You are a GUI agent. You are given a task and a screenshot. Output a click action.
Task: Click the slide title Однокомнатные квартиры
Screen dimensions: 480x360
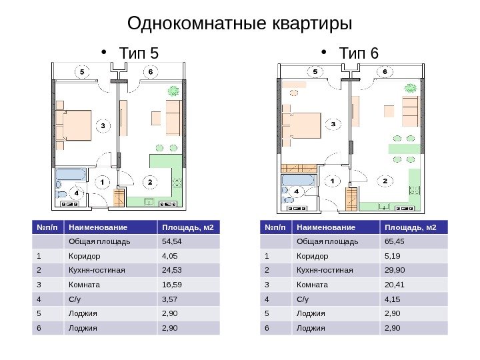point(239,24)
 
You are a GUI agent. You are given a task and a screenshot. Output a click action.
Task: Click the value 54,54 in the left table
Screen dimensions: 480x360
point(171,241)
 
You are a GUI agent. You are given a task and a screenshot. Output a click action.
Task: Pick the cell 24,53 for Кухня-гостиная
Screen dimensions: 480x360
point(171,270)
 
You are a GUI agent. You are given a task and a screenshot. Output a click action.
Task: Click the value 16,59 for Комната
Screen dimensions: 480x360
point(171,285)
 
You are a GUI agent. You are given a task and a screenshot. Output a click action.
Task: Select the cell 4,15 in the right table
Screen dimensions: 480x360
point(393,299)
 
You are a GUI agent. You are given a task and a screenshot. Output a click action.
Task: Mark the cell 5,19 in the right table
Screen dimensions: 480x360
point(393,256)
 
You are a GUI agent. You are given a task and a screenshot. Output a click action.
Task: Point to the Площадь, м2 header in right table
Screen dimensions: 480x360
point(408,227)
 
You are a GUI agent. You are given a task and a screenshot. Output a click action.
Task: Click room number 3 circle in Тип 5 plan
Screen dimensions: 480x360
point(102,125)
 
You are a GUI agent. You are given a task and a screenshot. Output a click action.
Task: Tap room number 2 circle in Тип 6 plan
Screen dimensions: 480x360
point(385,181)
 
